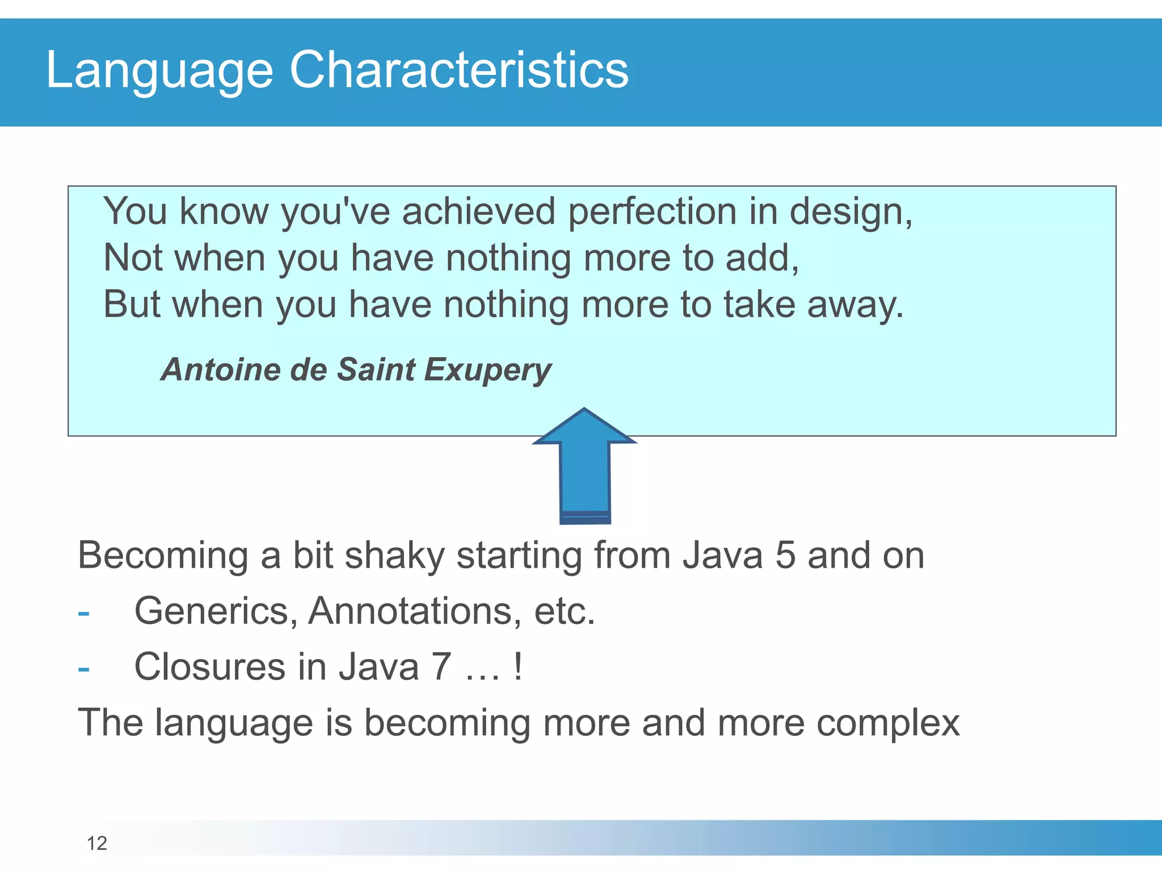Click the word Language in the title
[x=159, y=70]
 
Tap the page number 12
[x=96, y=843]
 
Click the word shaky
[x=394, y=556]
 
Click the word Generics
[x=216, y=611]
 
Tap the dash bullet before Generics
[x=83, y=613]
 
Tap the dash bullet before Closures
[x=83, y=669]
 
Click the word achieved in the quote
[x=478, y=211]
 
